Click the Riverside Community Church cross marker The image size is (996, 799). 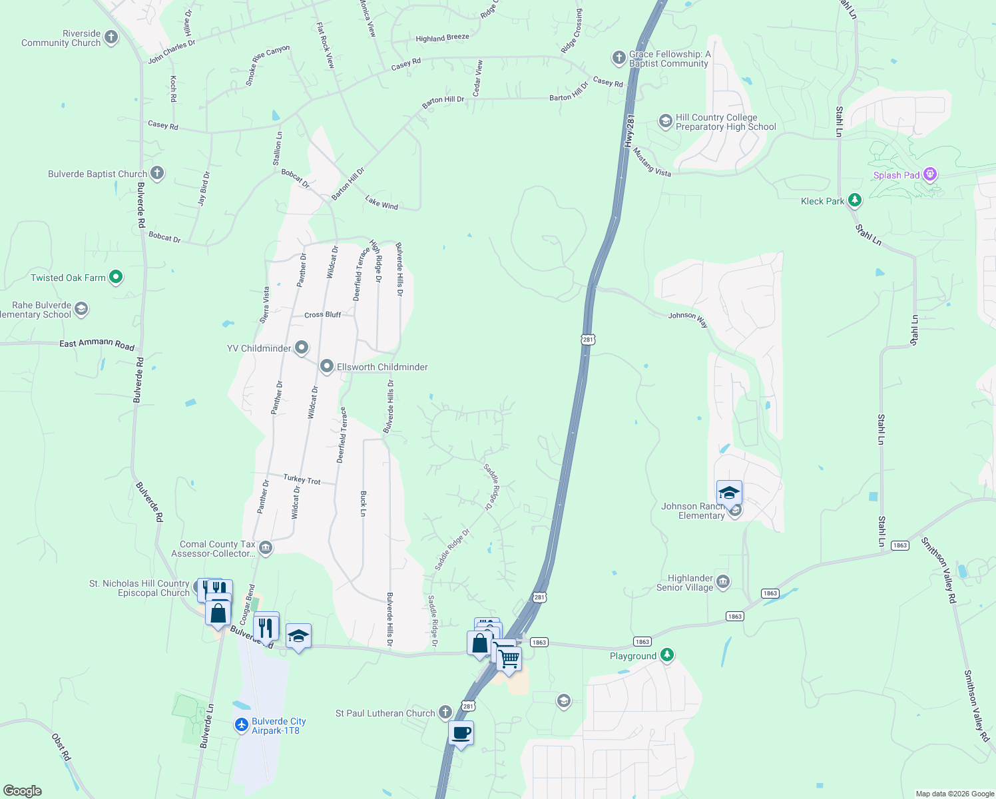(x=111, y=38)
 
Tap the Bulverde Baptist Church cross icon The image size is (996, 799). (x=157, y=174)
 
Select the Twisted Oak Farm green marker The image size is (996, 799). (x=116, y=277)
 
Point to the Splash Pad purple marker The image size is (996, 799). (x=930, y=175)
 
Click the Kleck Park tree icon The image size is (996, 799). (x=855, y=200)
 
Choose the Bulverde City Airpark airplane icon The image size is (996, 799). (x=242, y=725)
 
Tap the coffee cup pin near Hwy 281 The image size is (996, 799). (x=461, y=734)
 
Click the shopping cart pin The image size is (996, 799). (x=509, y=659)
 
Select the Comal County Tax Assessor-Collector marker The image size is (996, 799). (x=265, y=548)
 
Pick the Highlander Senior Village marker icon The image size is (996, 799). (x=723, y=583)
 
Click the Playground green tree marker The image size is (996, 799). (x=667, y=655)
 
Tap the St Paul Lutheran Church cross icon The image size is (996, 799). (x=445, y=713)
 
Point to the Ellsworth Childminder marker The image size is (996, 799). (x=327, y=366)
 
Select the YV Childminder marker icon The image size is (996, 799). (x=302, y=348)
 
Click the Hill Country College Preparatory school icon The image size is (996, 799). (x=665, y=121)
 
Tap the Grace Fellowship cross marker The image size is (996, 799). (x=619, y=58)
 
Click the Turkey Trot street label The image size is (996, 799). (x=302, y=479)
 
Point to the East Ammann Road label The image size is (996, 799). (x=97, y=344)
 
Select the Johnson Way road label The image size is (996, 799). (x=688, y=319)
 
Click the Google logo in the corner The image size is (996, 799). (x=23, y=790)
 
